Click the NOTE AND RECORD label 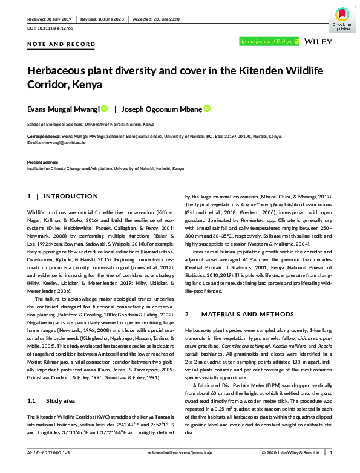pyautogui.click(x=61, y=44)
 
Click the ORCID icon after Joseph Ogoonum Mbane pyautogui.click(x=208, y=109)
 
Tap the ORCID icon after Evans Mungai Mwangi pyautogui.click(x=104, y=109)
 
